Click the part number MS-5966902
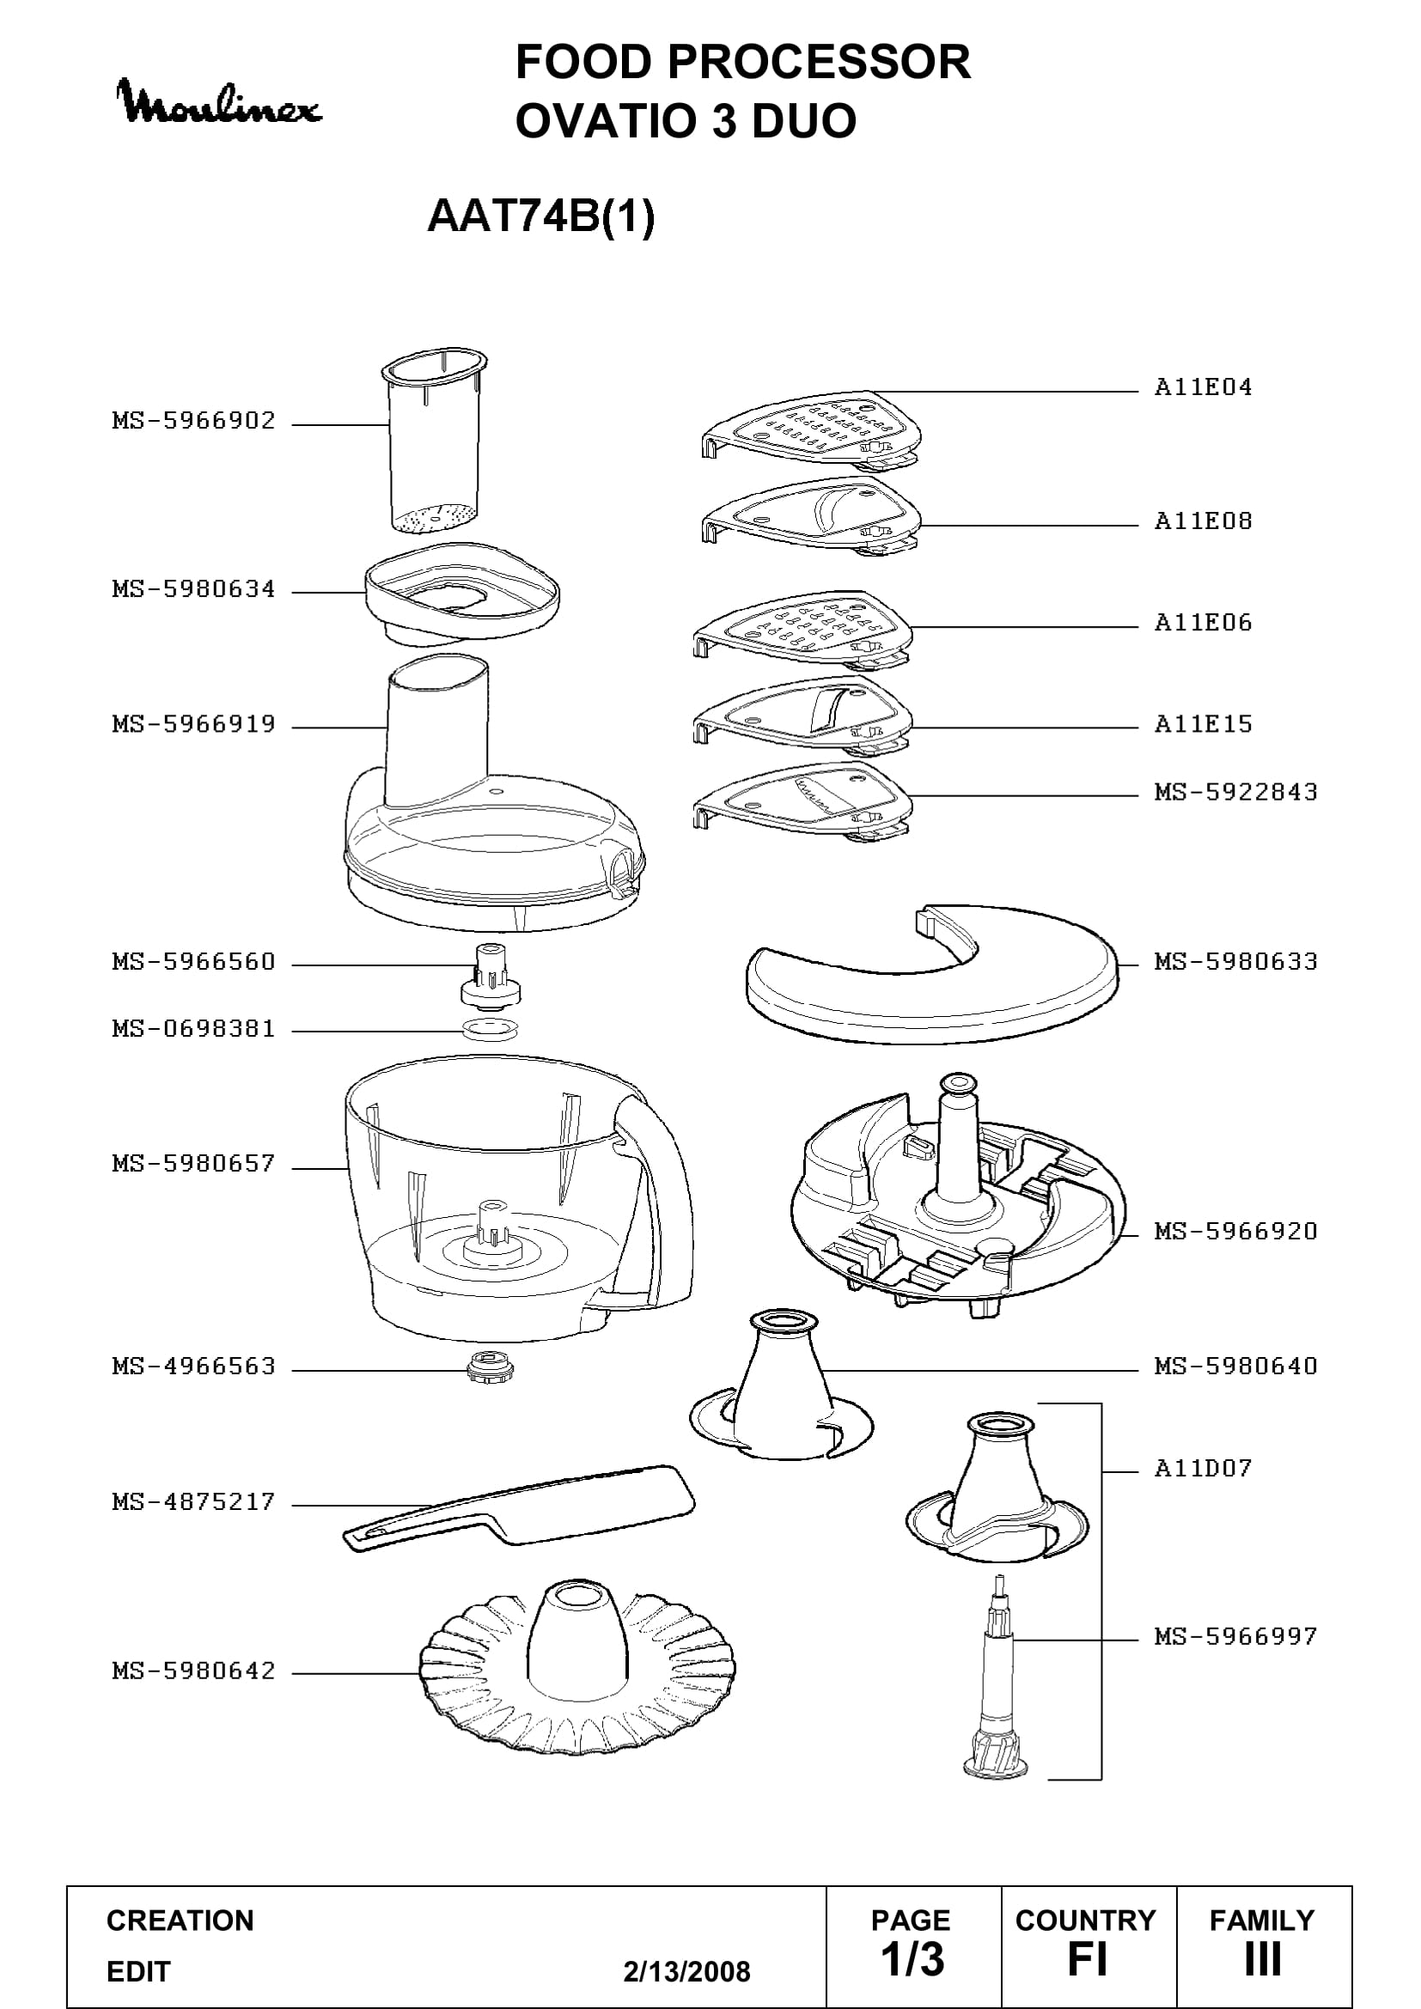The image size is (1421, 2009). click(193, 421)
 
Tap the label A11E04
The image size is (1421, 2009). click(1203, 387)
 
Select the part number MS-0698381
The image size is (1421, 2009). click(193, 1029)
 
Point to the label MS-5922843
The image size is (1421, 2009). click(1235, 792)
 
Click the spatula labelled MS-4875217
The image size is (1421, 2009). click(519, 1508)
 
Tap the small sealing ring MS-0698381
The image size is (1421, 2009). click(490, 1029)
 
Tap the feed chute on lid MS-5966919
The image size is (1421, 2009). click(437, 731)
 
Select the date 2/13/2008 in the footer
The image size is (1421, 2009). click(687, 1971)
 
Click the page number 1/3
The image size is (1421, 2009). click(912, 1959)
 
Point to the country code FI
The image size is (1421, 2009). click(1088, 1960)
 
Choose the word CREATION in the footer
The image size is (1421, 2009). click(180, 1921)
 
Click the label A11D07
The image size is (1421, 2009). click(1203, 1467)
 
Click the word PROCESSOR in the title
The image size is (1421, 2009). click(818, 63)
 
